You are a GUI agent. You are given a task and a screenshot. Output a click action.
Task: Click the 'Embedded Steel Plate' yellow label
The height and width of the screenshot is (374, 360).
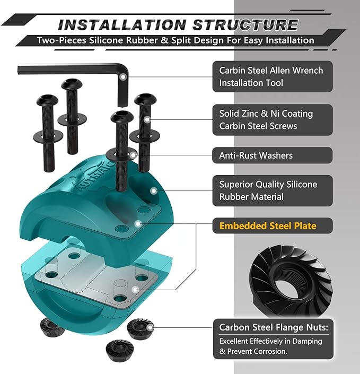(x=268, y=225)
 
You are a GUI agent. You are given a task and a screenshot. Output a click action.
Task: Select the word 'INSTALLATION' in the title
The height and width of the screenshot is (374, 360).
(x=122, y=25)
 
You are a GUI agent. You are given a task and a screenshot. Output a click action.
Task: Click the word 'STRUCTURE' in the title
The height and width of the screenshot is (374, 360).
(x=245, y=24)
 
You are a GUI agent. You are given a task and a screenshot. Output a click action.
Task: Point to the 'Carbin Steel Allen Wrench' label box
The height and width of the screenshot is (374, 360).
(x=273, y=76)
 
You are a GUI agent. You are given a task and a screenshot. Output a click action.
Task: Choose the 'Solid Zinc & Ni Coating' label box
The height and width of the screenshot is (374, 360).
(x=273, y=120)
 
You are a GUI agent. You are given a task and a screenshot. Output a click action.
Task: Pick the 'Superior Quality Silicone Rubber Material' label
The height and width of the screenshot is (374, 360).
(x=273, y=190)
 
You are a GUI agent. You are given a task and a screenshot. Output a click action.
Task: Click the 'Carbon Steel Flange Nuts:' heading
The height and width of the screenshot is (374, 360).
(x=274, y=327)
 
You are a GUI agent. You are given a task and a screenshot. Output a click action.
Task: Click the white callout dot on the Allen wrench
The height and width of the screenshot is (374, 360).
(x=123, y=77)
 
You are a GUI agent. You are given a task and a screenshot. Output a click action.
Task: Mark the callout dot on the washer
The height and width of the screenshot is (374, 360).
(x=133, y=155)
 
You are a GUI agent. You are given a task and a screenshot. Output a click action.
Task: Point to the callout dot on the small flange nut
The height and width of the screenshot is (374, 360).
(x=150, y=328)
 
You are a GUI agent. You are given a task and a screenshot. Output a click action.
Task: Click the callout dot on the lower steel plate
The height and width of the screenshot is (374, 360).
(x=135, y=290)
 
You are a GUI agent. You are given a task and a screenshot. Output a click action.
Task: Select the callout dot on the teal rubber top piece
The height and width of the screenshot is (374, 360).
(x=154, y=190)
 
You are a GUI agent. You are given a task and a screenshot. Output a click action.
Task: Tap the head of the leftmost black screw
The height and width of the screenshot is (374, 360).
(x=47, y=100)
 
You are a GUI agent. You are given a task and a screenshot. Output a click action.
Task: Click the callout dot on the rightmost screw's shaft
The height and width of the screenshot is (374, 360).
(x=147, y=119)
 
